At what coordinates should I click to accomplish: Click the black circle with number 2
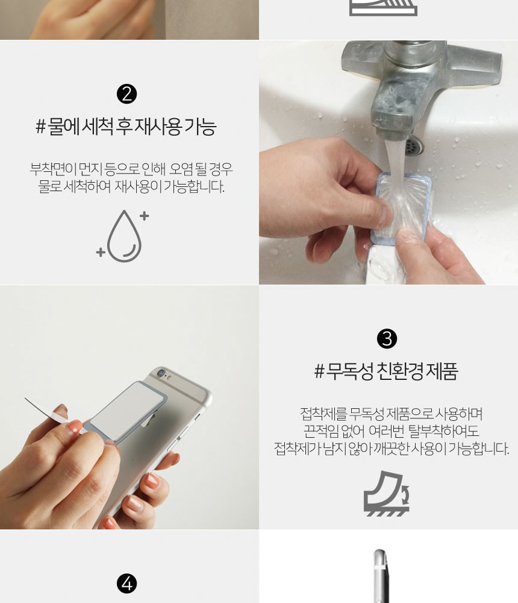127,94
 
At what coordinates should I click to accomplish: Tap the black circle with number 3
387,339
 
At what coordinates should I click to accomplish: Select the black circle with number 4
127,584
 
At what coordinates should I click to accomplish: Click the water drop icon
123,236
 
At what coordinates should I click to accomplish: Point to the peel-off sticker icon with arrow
387,493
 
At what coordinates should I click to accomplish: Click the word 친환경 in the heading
401,371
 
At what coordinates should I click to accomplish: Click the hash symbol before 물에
40,127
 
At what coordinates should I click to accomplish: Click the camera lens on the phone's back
161,372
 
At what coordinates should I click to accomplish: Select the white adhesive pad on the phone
126,411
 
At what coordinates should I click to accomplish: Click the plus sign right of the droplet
144,216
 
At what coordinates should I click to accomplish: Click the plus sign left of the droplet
101,252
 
